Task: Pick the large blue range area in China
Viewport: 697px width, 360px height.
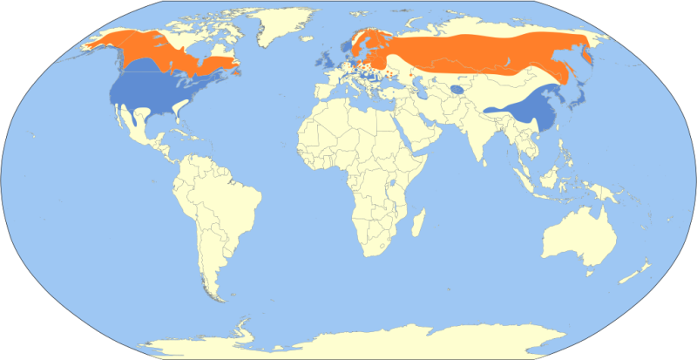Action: (524, 114)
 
